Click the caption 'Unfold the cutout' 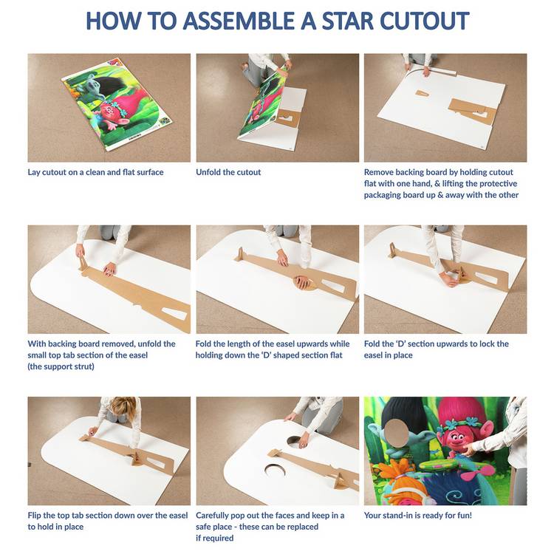click(x=228, y=172)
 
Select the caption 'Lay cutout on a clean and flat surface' click(x=95, y=172)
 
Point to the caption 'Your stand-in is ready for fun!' click(x=418, y=515)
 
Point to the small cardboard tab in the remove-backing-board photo click(x=422, y=93)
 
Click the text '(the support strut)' click(x=61, y=366)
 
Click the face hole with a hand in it click(x=295, y=441)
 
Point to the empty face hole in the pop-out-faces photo click(x=275, y=470)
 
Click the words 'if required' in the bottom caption click(x=214, y=538)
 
